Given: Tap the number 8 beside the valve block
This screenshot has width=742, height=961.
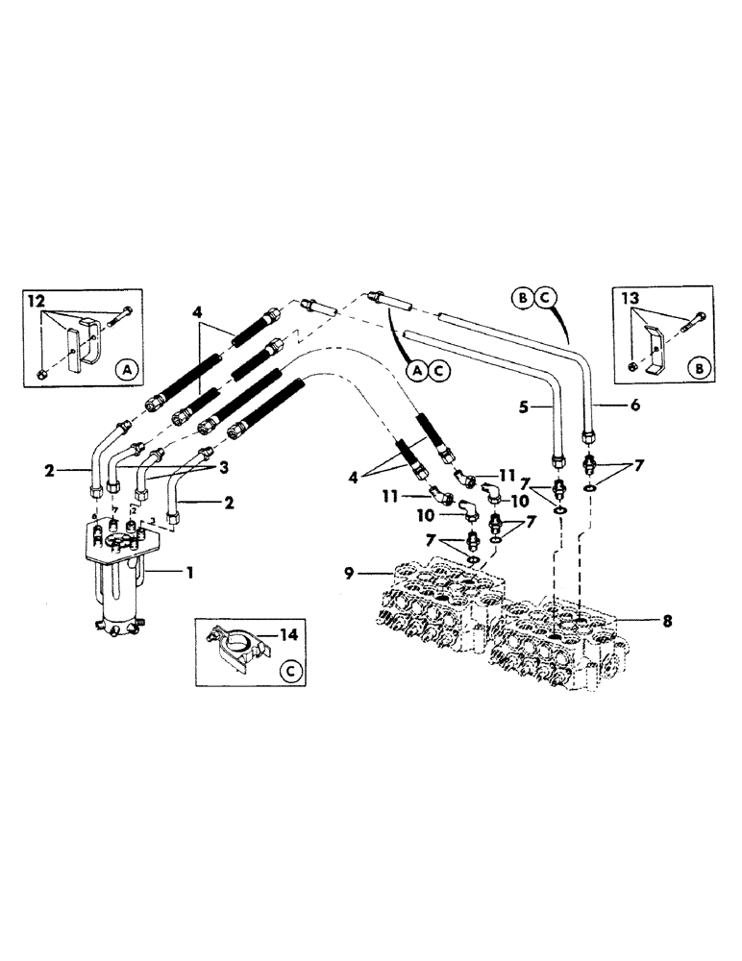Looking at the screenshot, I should pyautogui.click(x=666, y=620).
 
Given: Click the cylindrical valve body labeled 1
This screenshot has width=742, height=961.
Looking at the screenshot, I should pyautogui.click(x=119, y=586).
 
